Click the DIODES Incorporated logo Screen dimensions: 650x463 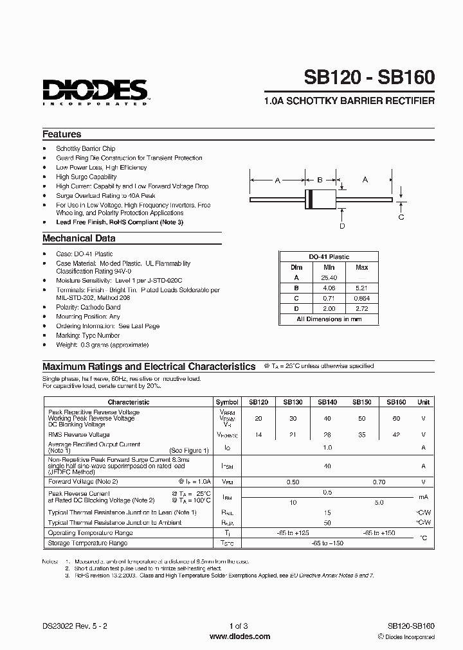[95, 91]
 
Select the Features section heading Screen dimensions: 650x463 [62, 134]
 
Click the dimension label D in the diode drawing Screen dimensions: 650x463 [342, 225]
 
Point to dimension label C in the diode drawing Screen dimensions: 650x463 [401, 217]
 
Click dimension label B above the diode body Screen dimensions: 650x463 [320, 180]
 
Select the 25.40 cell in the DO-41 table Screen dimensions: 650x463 [329, 277]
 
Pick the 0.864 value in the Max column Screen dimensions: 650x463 [362, 298]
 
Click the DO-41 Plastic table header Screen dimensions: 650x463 [329, 256]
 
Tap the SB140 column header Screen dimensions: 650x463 [327, 402]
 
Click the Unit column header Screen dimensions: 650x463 [424, 402]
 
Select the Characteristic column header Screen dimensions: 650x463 [128, 402]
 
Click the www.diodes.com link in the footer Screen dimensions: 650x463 [240, 637]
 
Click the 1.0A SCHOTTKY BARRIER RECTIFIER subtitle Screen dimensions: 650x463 [349, 101]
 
